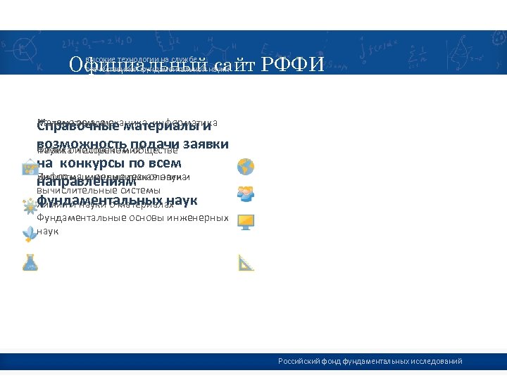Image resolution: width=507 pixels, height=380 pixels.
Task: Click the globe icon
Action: tap(246, 167)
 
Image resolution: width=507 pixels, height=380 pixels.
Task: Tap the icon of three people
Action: tap(246, 192)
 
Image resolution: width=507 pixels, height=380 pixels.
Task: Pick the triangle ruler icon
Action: tap(246, 262)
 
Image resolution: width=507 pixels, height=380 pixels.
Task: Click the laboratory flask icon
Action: tap(30, 262)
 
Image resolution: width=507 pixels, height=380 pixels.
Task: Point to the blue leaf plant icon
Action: tap(29, 234)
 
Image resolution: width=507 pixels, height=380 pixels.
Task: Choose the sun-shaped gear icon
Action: tap(29, 207)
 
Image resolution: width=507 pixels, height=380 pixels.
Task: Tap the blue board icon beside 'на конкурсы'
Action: tap(30, 167)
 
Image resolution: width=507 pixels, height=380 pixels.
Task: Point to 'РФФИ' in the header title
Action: tap(293, 65)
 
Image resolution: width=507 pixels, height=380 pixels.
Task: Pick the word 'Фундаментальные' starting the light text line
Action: tap(76, 218)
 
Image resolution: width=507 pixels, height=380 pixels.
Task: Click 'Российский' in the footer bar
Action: tap(299, 362)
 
